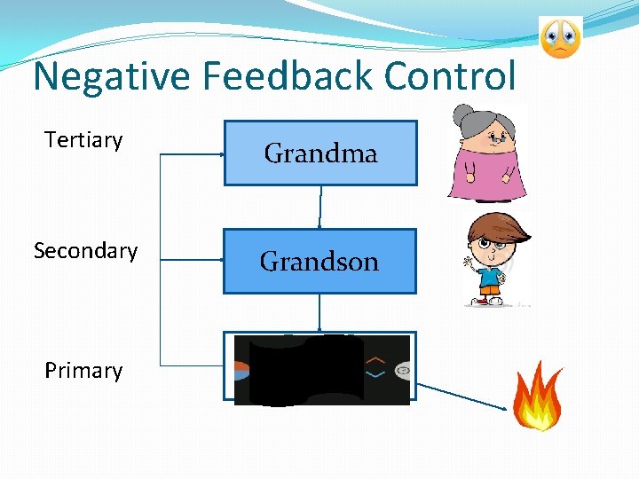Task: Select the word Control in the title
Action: [450, 76]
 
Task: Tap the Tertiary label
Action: [83, 140]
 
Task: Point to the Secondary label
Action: [85, 251]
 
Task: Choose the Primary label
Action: [83, 371]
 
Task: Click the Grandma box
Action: [319, 153]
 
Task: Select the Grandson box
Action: [319, 262]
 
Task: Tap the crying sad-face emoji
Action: [560, 37]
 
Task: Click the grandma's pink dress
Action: [487, 173]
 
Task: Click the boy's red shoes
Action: [484, 302]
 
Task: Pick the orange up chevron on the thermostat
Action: [376, 359]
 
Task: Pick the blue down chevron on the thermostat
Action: [376, 375]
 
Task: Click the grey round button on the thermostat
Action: [402, 369]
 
